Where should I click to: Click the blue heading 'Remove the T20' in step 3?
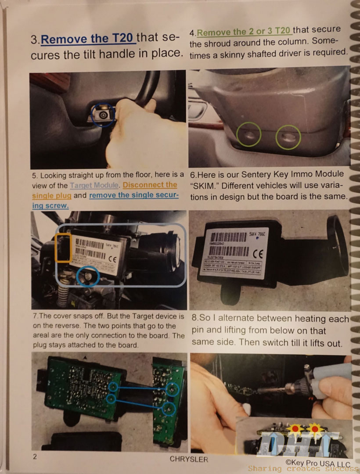[x=88, y=39]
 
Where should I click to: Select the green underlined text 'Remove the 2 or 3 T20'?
[x=244, y=31]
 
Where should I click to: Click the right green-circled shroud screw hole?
[x=288, y=137]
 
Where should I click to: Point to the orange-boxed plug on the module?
[x=64, y=248]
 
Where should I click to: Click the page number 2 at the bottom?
[x=35, y=456]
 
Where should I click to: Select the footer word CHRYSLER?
[x=189, y=459]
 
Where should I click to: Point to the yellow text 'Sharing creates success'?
[x=303, y=469]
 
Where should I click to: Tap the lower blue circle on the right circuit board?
[x=169, y=409]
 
